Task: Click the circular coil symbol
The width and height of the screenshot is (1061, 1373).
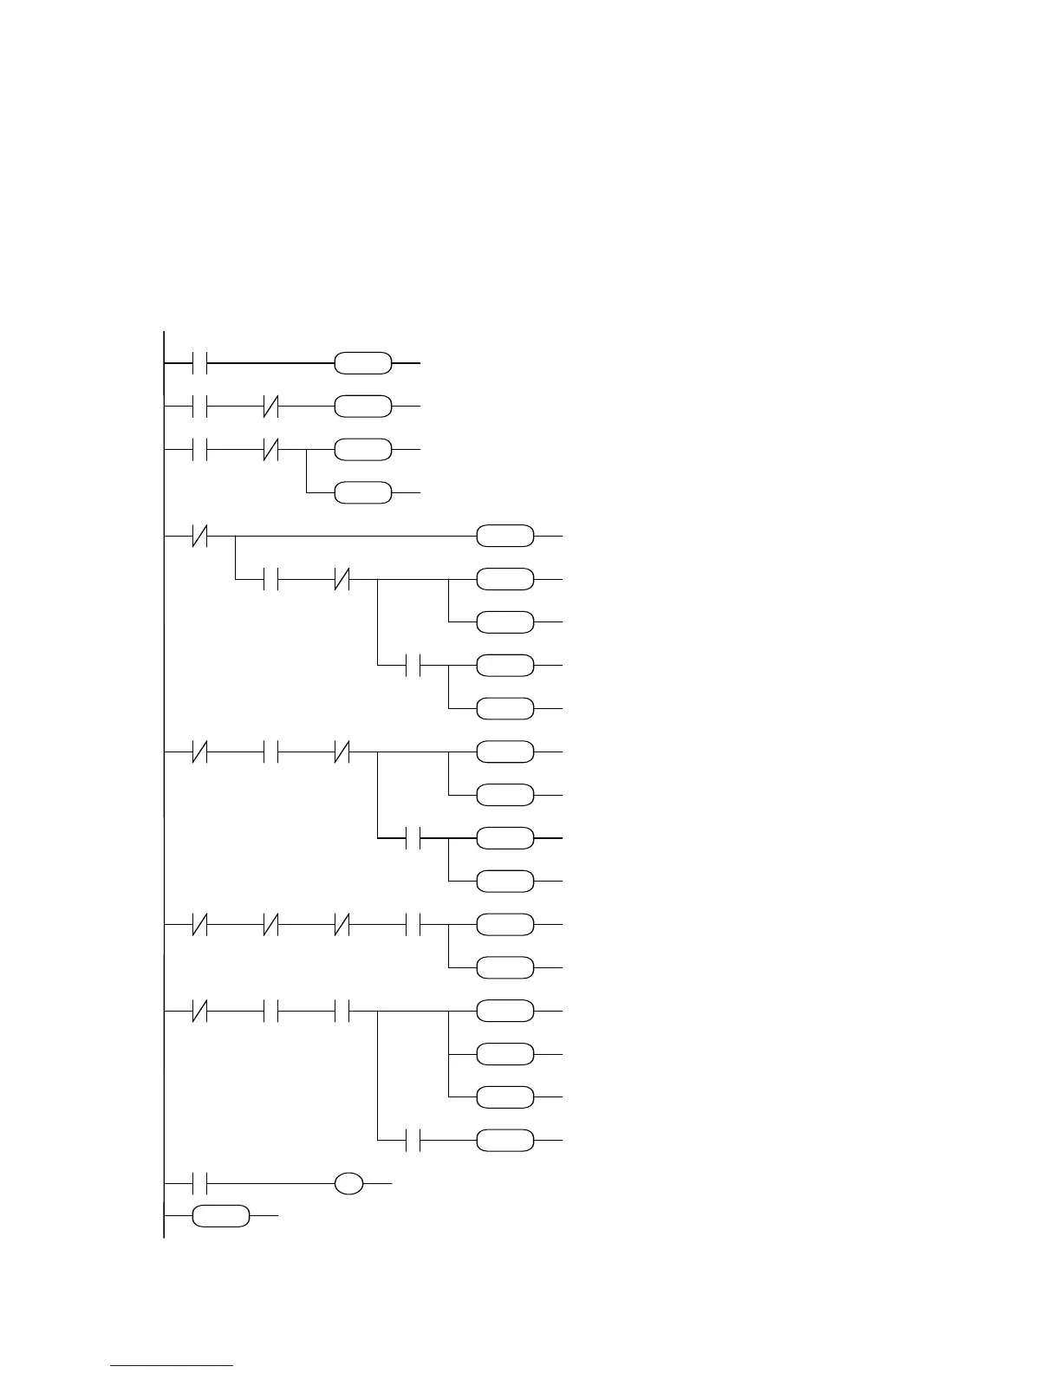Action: coord(349,1183)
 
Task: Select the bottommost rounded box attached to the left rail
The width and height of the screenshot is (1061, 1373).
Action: coord(221,1216)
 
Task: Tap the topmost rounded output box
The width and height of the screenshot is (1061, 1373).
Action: coord(363,364)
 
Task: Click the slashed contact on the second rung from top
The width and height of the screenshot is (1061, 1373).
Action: coord(270,406)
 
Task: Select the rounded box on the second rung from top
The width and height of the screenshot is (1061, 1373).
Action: coord(363,406)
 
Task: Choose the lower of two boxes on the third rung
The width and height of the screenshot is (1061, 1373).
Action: coord(363,493)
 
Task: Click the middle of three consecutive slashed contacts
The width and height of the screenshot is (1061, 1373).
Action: coord(270,925)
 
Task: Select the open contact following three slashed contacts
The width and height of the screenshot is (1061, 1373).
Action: coord(413,925)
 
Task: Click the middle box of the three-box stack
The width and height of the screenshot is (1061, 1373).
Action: coord(505,1055)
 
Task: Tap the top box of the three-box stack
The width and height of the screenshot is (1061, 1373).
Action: coord(505,1012)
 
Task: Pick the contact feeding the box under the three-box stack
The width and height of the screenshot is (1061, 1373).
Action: coord(413,1141)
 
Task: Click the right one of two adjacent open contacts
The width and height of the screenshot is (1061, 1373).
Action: coord(342,1012)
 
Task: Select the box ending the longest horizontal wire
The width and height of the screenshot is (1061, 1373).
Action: coord(505,537)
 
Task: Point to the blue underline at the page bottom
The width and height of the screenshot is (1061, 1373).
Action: coord(172,1366)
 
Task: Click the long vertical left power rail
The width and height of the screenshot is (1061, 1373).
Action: coord(164,780)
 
